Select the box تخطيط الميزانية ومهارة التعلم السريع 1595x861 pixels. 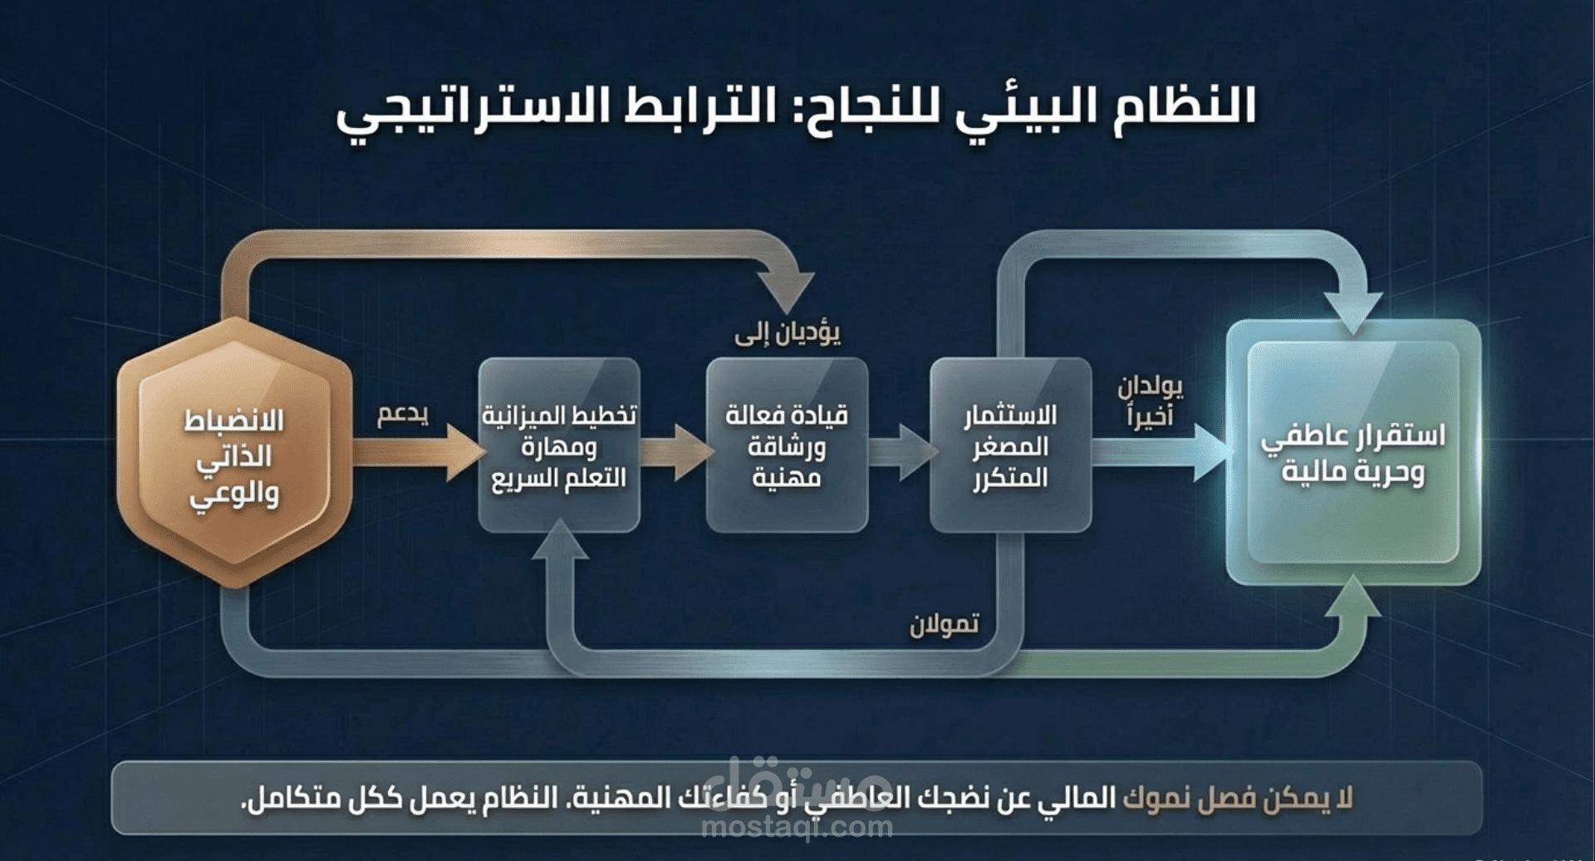[x=558, y=445]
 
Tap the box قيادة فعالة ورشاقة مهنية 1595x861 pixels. [x=786, y=445]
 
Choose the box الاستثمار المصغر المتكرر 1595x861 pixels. [x=1009, y=445]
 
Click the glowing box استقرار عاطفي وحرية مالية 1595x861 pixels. [x=1353, y=453]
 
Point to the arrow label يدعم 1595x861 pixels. [x=403, y=414]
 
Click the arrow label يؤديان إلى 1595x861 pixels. [x=787, y=334]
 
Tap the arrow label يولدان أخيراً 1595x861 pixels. [x=1149, y=401]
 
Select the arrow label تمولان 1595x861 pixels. [x=944, y=623]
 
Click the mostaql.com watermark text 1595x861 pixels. [x=797, y=826]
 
